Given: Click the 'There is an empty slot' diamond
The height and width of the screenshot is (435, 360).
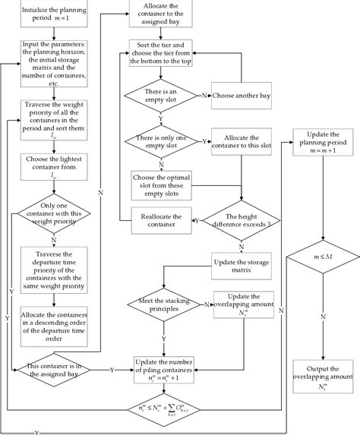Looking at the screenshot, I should click(161, 97).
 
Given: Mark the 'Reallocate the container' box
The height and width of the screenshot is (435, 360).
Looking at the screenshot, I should click(161, 219).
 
